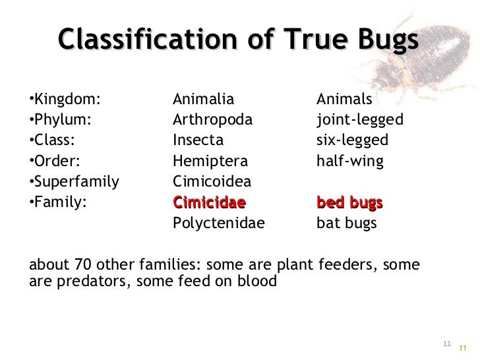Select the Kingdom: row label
pyautogui.click(x=66, y=100)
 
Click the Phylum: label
pyautogui.click(x=61, y=120)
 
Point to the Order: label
pyautogui.click(x=57, y=161)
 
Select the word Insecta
pyautogui.click(x=198, y=140)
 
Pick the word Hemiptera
pyautogui.click(x=210, y=161)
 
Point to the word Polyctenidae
pyautogui.click(x=218, y=223)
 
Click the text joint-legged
pyautogui.click(x=360, y=120)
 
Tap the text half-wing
pyautogui.click(x=349, y=161)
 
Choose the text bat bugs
pyautogui.click(x=347, y=223)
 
